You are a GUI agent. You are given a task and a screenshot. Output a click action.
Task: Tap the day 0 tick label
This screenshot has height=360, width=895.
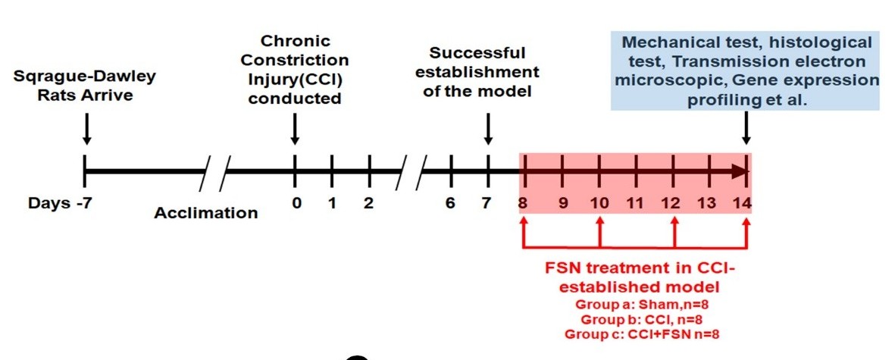pos(296,203)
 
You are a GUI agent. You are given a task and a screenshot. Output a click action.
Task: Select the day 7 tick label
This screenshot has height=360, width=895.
pos(487,203)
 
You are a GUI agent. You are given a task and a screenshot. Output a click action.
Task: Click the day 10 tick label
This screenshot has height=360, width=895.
pos(599,203)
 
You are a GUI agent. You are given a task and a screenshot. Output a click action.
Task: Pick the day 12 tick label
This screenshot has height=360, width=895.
pos(671,203)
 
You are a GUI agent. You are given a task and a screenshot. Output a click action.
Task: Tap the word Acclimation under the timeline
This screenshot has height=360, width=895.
pos(205,213)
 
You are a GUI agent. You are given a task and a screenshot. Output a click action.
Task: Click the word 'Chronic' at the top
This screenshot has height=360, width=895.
pos(295,40)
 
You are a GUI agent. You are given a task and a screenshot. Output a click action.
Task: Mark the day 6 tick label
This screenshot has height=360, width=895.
pos(451,203)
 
